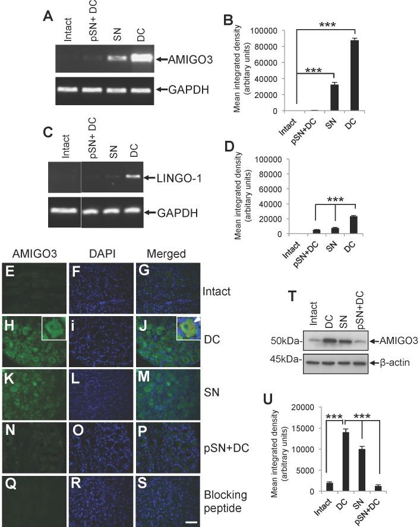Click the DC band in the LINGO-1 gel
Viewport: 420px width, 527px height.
pyautogui.click(x=132, y=176)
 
